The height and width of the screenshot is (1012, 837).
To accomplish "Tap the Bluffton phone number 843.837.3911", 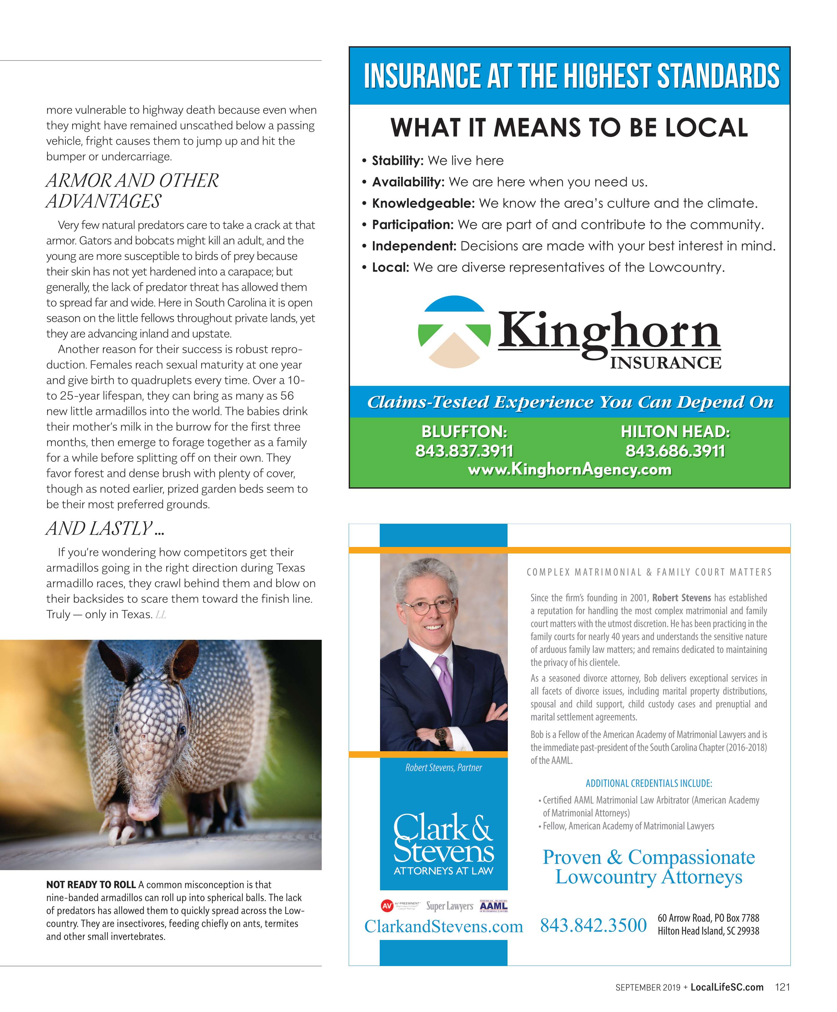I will coord(464,451).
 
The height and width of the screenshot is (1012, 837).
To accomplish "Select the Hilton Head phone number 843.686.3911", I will coord(675,451).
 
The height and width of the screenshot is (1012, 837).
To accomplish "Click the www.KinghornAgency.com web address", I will coord(569,469).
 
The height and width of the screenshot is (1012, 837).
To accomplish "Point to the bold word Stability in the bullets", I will coord(397,160).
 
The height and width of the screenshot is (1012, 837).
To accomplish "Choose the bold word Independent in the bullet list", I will coord(414,246).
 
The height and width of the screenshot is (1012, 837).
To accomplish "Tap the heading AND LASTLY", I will coord(105,529).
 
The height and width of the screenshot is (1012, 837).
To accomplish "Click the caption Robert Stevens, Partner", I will coord(443,768).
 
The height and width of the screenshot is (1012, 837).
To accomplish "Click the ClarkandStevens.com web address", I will coord(443,926).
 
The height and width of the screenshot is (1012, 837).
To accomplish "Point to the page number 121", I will coord(782,987).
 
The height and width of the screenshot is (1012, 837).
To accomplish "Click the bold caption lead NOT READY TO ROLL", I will coord(91,885).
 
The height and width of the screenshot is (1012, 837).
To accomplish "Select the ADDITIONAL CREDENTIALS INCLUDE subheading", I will coord(648,784).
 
